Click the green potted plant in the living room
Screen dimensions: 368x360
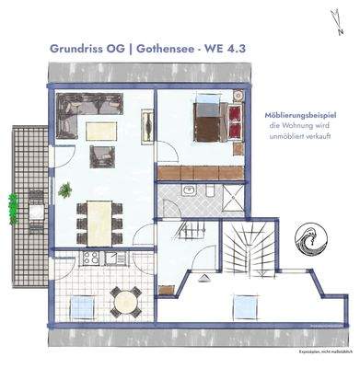point(65,191)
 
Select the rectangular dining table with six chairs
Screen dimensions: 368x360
point(98,221)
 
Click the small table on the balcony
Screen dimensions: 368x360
point(34,209)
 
